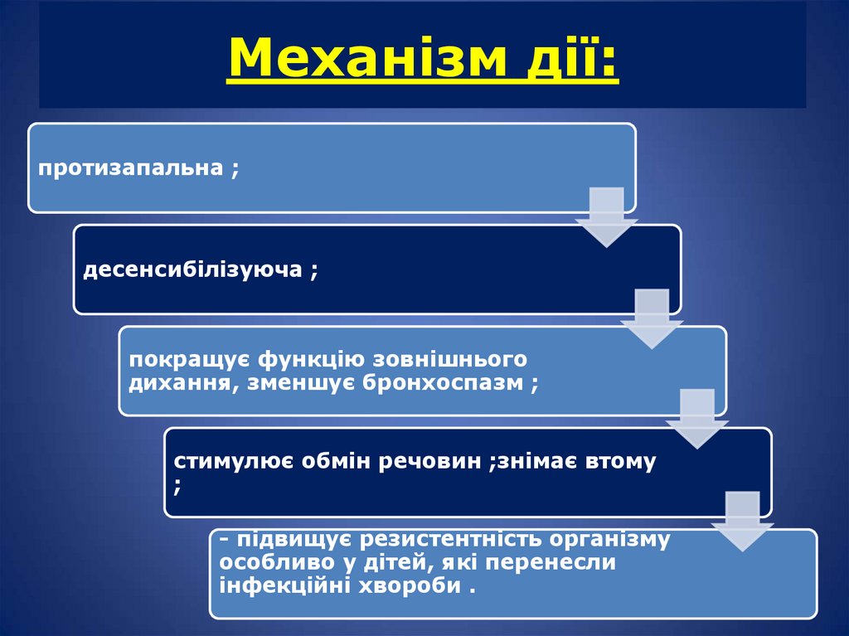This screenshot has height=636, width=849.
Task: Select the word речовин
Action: [x=434, y=461]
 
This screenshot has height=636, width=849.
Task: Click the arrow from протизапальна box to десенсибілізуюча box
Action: [x=606, y=216]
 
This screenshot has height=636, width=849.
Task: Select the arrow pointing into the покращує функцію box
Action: [x=651, y=318]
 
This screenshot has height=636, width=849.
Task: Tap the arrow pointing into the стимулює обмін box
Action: [x=696, y=419]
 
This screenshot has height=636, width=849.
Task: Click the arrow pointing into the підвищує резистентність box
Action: [x=742, y=520]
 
